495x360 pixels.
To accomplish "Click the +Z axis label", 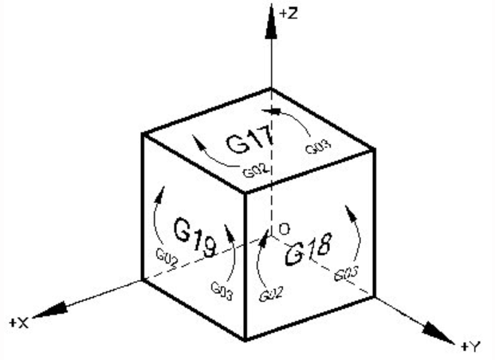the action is pos(289,14).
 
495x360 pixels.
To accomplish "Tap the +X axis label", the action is pos(19,323).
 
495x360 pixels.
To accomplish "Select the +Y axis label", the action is pos(470,346).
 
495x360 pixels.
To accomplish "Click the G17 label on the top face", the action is pos(249,139).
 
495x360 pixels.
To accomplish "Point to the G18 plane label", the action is pos(308,248).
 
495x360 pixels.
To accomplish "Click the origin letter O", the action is pos(285,229).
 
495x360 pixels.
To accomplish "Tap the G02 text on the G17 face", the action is pos(256,170).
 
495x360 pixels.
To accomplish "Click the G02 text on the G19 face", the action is pos(167,259).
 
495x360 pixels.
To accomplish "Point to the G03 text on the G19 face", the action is pos(222,291).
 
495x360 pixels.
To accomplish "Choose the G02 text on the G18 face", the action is pos(271,294).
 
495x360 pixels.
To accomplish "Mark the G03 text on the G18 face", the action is pos(346,273).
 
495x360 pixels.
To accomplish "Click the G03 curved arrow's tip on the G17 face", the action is pos(263,111).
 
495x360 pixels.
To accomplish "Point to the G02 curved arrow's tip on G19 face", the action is pos(164,187).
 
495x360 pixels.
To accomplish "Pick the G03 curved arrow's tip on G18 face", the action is pos(345,205).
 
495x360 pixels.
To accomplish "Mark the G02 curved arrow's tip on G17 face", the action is pos(192,135).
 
